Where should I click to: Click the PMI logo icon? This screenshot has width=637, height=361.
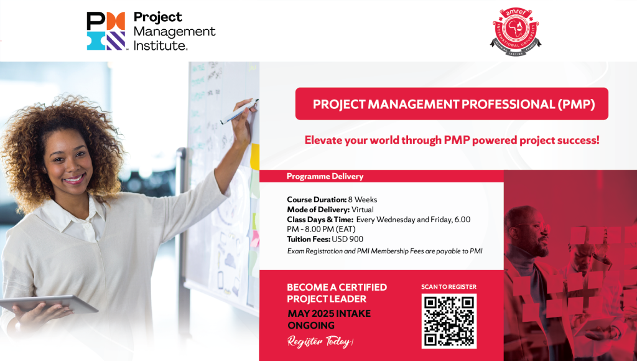[x=106, y=31]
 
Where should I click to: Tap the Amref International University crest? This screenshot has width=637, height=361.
[x=516, y=31]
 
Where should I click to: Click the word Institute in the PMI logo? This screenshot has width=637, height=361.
[x=160, y=45]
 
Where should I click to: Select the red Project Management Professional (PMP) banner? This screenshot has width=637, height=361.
[x=452, y=104]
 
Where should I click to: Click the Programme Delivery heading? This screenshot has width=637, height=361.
[x=325, y=176]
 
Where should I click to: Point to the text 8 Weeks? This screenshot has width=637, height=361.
[x=363, y=200]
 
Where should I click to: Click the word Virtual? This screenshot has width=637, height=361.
[x=363, y=210]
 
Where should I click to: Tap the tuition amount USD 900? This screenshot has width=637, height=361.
[x=347, y=240]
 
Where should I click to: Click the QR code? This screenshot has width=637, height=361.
[x=449, y=321]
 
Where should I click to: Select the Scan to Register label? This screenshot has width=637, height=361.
[x=449, y=286]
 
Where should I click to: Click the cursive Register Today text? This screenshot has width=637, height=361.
[x=320, y=342]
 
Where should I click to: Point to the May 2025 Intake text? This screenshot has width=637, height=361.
[x=329, y=314]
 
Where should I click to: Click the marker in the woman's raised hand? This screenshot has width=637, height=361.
[x=238, y=111]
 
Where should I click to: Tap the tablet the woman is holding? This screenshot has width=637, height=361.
[x=49, y=304]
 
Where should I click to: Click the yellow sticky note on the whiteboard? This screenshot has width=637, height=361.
[x=254, y=156]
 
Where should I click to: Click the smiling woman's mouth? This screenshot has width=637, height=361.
[x=74, y=179]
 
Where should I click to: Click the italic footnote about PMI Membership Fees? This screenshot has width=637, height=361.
[x=384, y=251]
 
